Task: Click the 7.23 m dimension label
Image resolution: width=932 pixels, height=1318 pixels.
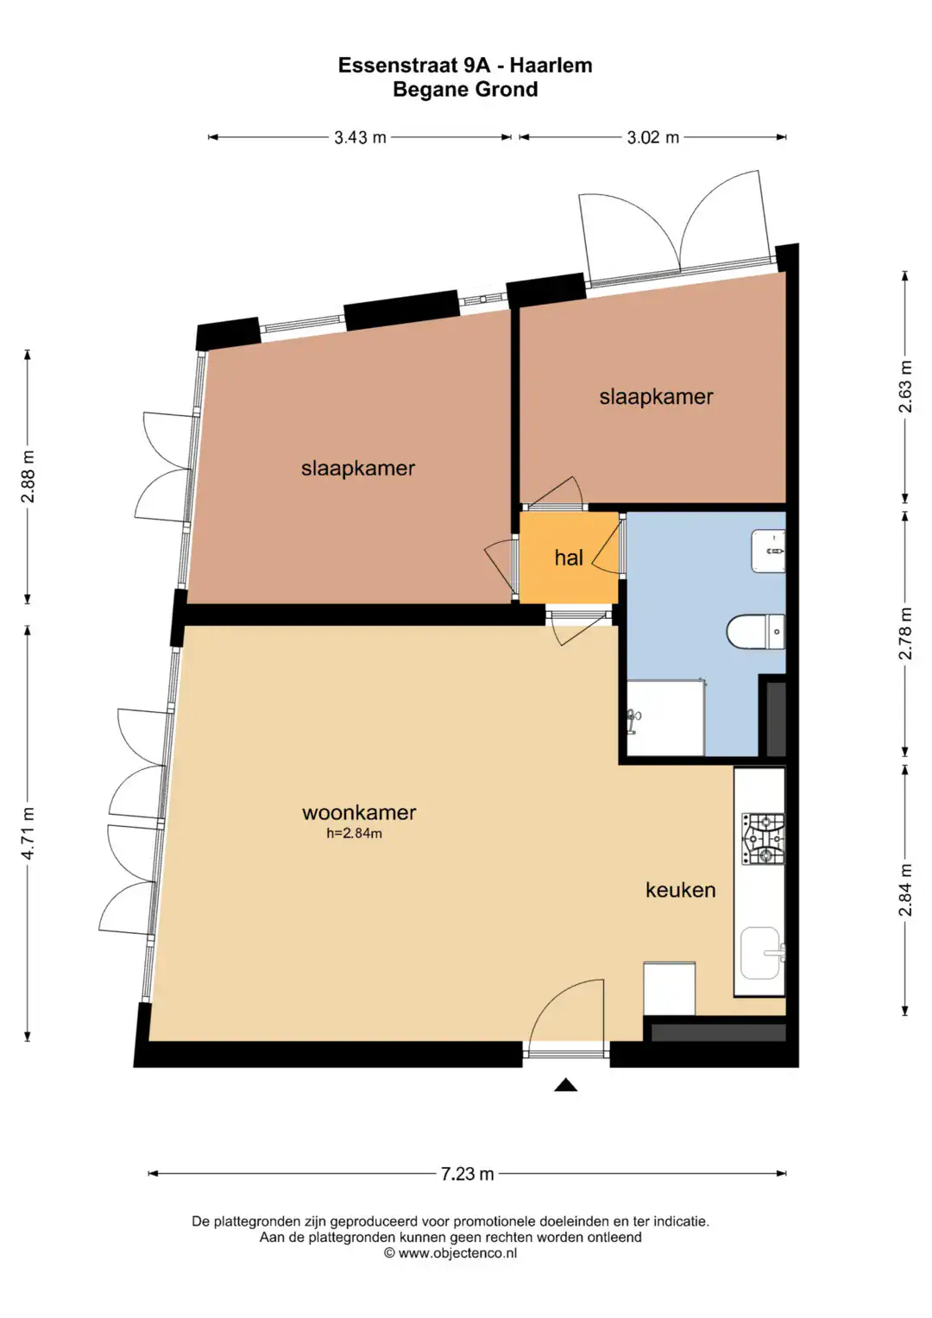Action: (x=467, y=1174)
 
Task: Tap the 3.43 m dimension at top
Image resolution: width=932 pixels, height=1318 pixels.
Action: (x=360, y=138)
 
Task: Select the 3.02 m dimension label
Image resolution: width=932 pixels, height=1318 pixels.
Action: (x=653, y=138)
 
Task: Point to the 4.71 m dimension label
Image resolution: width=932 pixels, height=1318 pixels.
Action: (x=28, y=833)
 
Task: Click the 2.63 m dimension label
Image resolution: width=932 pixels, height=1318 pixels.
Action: (x=905, y=387)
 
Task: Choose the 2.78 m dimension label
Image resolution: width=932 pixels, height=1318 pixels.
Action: (x=905, y=634)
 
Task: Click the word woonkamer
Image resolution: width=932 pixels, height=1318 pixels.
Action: (x=359, y=812)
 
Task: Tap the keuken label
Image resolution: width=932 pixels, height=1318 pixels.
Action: (x=681, y=890)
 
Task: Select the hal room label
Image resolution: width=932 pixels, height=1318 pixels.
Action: (x=569, y=558)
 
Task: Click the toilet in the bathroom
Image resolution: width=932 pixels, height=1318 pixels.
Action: (x=755, y=631)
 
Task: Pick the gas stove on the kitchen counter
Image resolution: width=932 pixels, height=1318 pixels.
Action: (x=763, y=839)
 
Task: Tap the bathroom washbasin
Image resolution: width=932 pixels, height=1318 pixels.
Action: (x=768, y=552)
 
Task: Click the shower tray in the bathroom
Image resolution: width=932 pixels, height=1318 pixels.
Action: (x=665, y=717)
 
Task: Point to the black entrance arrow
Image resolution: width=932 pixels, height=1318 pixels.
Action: (x=565, y=1084)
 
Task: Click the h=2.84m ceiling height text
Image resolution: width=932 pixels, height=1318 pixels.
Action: (x=354, y=833)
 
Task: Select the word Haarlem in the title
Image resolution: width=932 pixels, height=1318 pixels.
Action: (x=551, y=65)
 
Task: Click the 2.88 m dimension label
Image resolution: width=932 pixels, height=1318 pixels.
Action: (x=28, y=476)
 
